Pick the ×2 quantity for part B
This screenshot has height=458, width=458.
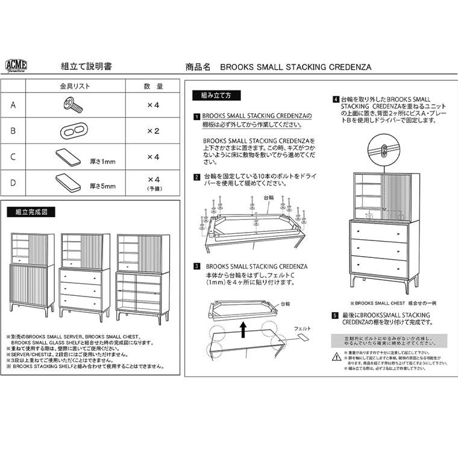[x=153, y=131]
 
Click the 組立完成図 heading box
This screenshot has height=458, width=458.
[x=31, y=212]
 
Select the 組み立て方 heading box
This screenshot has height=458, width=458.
[x=216, y=96]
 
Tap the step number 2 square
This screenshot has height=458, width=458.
[x=196, y=177]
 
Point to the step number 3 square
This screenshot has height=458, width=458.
[x=196, y=266]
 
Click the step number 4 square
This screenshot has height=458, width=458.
[x=335, y=99]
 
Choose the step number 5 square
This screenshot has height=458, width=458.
[x=335, y=315]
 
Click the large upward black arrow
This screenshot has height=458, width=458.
[x=243, y=328]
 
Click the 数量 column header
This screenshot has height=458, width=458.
[x=153, y=86]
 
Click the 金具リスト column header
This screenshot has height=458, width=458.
[x=75, y=86]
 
